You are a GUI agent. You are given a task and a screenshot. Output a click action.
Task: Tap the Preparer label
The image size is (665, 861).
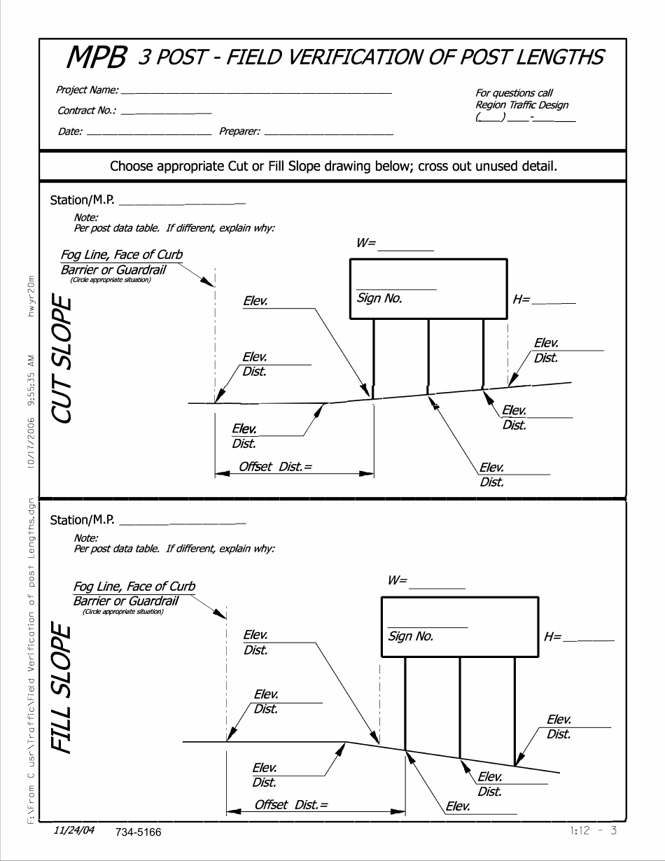click(x=240, y=131)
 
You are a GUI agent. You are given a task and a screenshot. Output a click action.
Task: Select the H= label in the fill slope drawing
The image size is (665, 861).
click(x=552, y=636)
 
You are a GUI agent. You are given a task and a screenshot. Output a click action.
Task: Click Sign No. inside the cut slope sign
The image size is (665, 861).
click(x=379, y=298)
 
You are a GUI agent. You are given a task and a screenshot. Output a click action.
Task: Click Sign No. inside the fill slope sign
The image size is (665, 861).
click(x=411, y=637)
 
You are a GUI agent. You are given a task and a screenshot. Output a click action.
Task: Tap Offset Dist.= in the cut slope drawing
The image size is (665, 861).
click(x=275, y=467)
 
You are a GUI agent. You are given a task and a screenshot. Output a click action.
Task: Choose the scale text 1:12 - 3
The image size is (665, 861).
click(x=594, y=831)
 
